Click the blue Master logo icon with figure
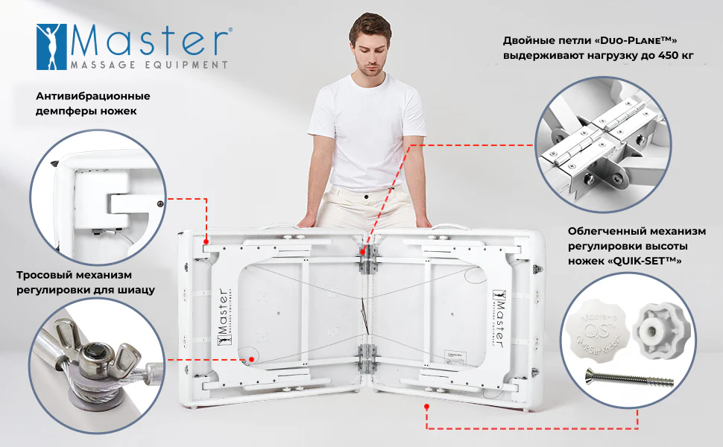(51, 47)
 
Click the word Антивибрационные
(92, 96)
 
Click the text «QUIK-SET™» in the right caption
(645, 261)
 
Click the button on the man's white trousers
(366, 197)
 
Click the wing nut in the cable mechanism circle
(96, 354)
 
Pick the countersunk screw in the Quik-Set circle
(629, 378)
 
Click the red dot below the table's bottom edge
(427, 407)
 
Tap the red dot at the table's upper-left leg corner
(206, 241)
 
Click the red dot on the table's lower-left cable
(252, 359)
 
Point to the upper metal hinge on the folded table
(367, 259)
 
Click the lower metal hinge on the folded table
(367, 358)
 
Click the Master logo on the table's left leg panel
(223, 317)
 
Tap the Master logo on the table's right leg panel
(499, 318)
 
